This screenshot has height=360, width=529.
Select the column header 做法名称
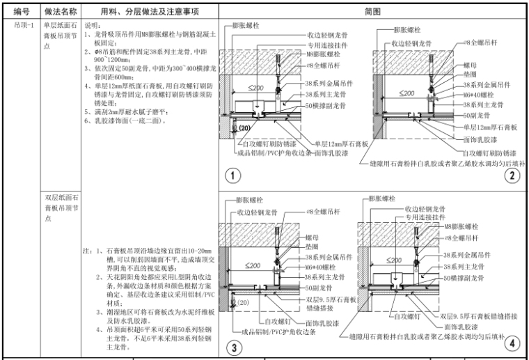[x=58, y=12]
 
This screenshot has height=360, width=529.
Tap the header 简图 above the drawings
[x=372, y=12]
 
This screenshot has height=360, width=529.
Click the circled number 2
[x=514, y=175]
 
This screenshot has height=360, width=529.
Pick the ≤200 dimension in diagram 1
[x=254, y=89]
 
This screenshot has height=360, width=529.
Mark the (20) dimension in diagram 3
[x=243, y=304]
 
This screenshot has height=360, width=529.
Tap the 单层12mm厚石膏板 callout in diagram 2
[x=490, y=127]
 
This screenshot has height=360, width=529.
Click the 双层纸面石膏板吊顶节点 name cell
[x=58, y=208]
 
